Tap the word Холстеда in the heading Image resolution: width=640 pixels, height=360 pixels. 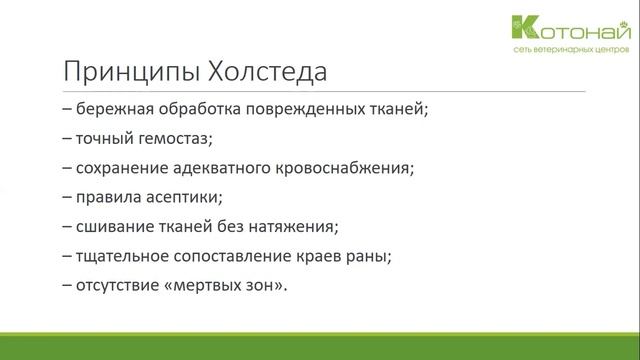pos(258,72)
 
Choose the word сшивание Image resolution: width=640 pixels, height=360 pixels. pos(111,225)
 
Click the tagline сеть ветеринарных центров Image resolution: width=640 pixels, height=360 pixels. pos(583,47)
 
